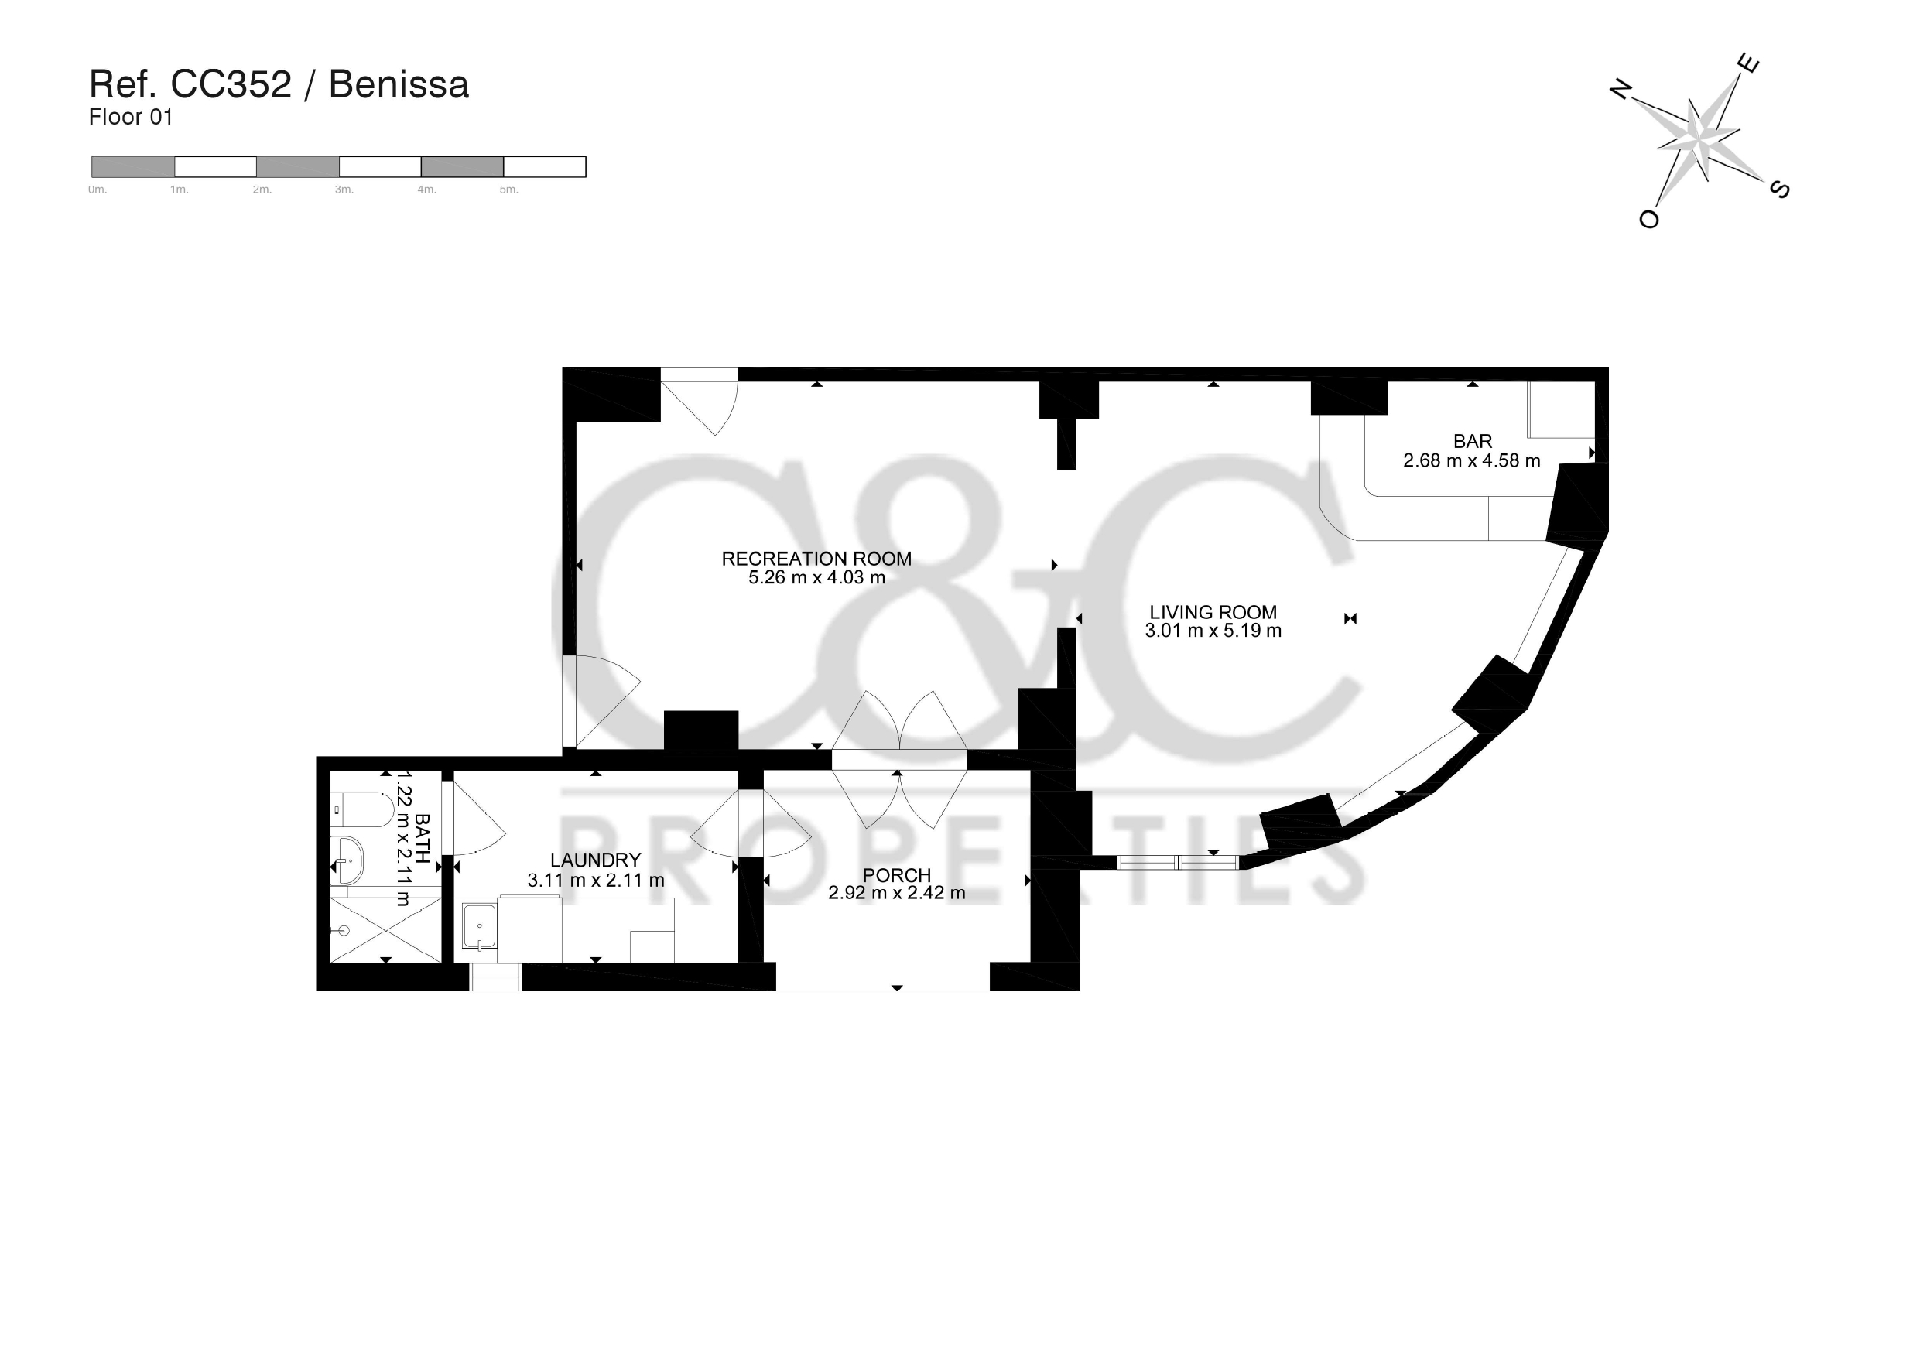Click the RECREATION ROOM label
(x=816, y=559)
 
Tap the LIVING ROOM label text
(x=1213, y=612)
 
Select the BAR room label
(x=1473, y=441)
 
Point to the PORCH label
(x=896, y=874)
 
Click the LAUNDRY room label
(x=595, y=860)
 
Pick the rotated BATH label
(x=423, y=839)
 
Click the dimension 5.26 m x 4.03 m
(x=816, y=577)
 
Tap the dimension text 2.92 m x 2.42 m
(x=896, y=893)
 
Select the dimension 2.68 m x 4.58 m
(x=1472, y=460)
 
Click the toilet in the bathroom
(x=362, y=809)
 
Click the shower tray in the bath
(x=385, y=930)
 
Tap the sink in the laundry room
(x=479, y=926)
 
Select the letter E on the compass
(x=1748, y=63)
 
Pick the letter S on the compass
(x=1779, y=190)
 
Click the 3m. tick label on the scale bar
(x=344, y=190)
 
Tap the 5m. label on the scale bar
(x=508, y=190)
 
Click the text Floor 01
(x=131, y=117)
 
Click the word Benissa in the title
(x=399, y=84)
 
